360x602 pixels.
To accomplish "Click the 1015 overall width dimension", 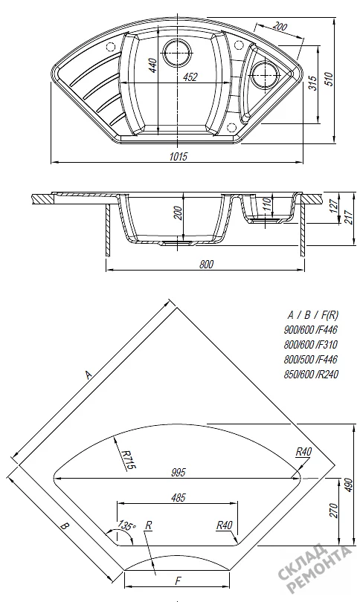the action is [x=179, y=156].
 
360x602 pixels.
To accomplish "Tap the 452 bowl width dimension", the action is [x=190, y=77].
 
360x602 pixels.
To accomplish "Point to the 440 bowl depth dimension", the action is [x=152, y=65].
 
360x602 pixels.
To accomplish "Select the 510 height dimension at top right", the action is [x=329, y=79].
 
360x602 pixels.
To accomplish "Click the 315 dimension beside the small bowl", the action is [x=313, y=83].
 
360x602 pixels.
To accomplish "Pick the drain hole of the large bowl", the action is [x=177, y=52].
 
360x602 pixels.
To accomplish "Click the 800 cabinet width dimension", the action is [x=206, y=264].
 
